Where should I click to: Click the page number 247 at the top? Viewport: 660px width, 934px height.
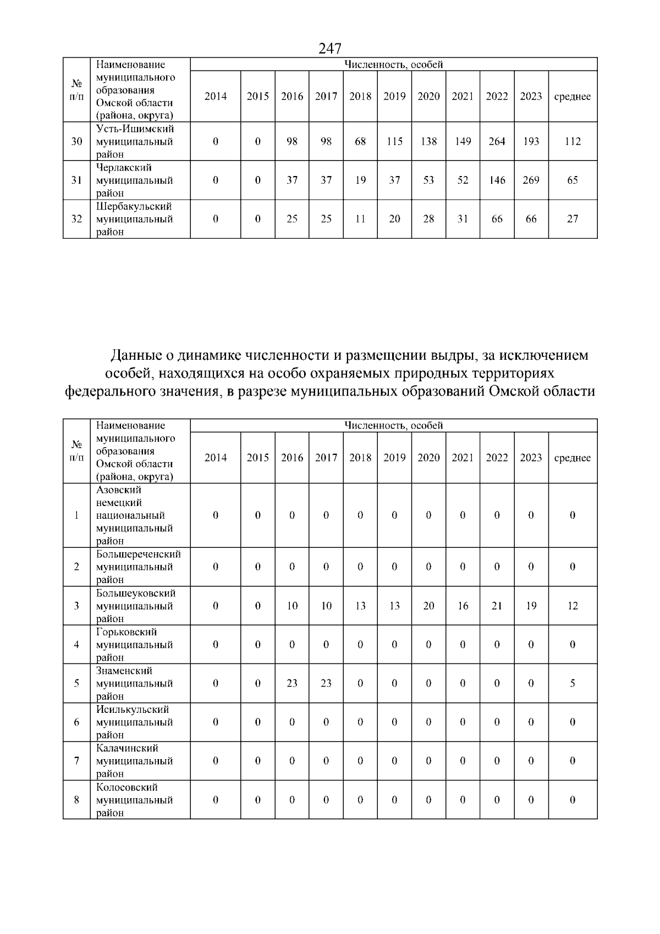point(330,48)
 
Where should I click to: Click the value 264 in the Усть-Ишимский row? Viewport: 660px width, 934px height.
point(497,141)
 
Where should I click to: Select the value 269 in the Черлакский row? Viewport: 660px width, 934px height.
point(531,180)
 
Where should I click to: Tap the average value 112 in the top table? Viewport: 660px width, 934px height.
point(573,141)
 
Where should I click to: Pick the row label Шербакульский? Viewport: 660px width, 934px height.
point(134,206)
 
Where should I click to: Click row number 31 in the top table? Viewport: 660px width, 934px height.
point(77,180)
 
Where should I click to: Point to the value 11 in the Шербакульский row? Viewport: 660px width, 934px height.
point(360,219)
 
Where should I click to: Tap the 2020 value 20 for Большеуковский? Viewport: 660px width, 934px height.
point(428,606)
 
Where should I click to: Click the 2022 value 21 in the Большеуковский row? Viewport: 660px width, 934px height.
point(497,606)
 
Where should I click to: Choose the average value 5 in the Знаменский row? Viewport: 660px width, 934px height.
point(573,683)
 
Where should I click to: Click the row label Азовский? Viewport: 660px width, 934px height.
point(119,490)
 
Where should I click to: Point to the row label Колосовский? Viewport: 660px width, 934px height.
point(127,787)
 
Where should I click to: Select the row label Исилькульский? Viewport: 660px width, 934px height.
point(133,710)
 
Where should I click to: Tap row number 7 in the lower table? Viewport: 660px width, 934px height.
point(77,761)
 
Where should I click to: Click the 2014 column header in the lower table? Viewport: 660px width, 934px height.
point(216,458)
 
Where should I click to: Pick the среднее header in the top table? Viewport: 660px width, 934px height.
point(573,97)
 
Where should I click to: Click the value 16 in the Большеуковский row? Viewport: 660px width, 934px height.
point(463,606)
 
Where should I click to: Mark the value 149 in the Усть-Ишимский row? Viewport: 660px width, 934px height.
point(463,141)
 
